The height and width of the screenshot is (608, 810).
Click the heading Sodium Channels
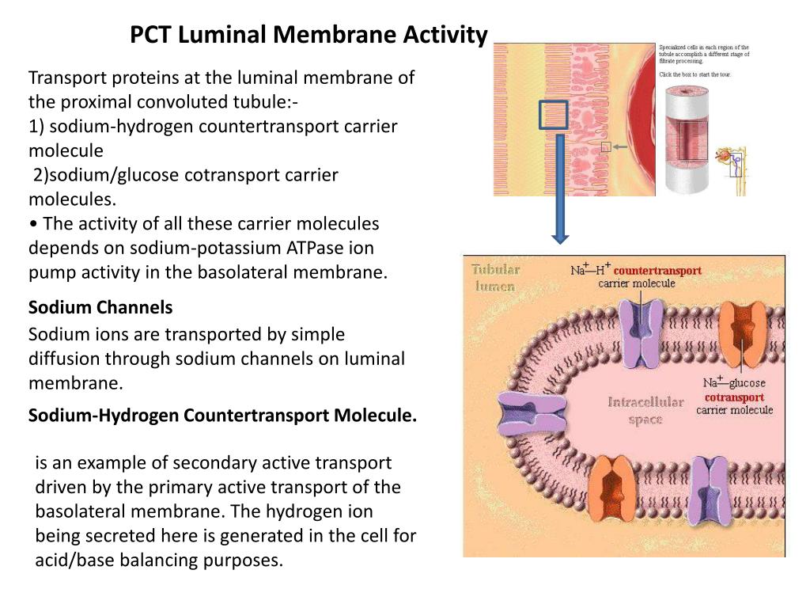[100, 307]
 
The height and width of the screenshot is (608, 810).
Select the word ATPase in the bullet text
[316, 248]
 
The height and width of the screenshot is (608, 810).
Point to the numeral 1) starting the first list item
[36, 127]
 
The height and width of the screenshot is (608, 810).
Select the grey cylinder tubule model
[691, 141]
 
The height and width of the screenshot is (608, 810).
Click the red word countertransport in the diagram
[657, 271]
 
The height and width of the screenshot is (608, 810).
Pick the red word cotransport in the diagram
[734, 397]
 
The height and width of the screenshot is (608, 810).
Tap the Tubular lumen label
[496, 278]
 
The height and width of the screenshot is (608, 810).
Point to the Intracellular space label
[645, 410]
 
